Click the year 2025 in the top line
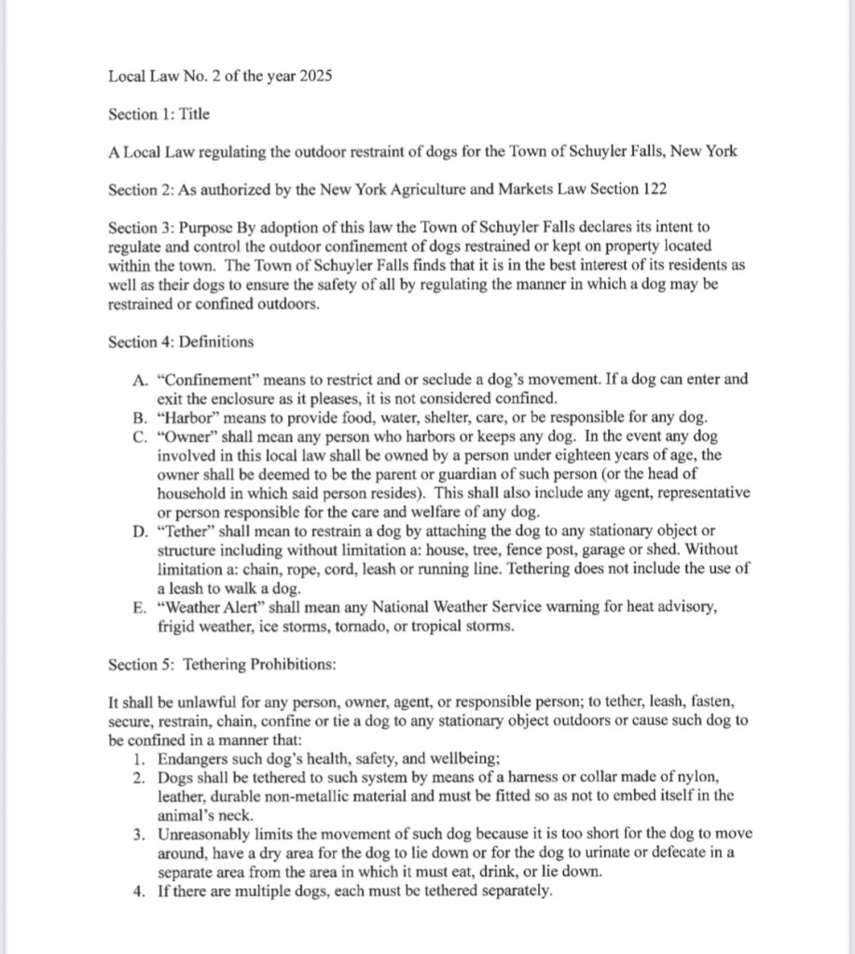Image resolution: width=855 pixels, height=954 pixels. click(x=316, y=76)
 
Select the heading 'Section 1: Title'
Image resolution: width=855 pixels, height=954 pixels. click(x=159, y=114)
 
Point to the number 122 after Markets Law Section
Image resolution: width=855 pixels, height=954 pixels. click(x=655, y=189)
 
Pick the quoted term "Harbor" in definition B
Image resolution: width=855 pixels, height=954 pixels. click(x=190, y=417)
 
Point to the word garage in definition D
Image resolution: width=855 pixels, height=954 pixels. click(x=614, y=549)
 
